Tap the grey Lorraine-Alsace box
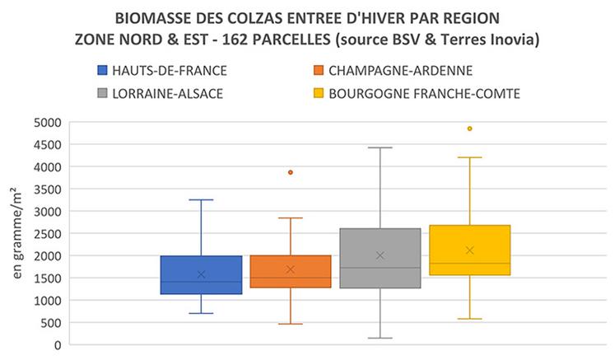pos(380,247)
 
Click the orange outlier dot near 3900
pos(290,172)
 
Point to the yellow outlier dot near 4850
pos(469,129)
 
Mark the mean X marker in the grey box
pos(380,255)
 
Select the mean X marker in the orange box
pos(290,269)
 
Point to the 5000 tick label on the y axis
pos(48,122)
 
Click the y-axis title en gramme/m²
pos(16,233)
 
